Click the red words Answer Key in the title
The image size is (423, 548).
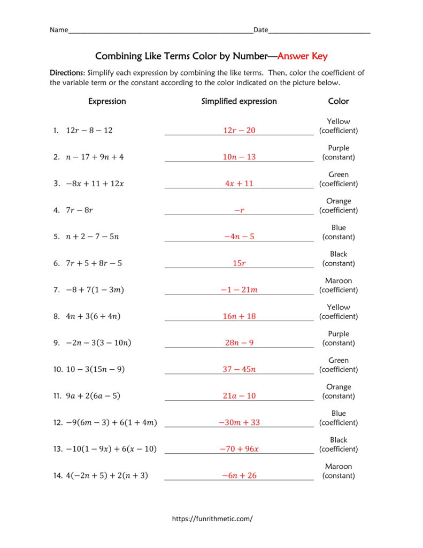pos(302,56)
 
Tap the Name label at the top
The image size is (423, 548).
pos(59,30)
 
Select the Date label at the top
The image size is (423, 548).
pos(260,30)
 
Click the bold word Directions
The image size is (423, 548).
pos(67,73)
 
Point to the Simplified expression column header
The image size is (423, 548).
pos(239,101)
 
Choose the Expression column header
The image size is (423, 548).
pos(107,101)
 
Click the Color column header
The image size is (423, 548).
pos(338,101)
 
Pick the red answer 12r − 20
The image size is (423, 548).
pos(239,131)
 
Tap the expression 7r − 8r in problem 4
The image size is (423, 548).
pos(79,210)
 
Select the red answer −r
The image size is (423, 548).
pos(239,210)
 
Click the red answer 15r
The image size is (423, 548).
pos(239,263)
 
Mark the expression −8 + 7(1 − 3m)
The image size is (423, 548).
pos(95,290)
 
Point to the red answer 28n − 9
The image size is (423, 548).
pos(239,342)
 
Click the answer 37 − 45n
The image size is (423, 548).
pos(239,369)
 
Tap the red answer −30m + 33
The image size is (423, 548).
pos(239,422)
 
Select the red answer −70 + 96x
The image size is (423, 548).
pos(239,449)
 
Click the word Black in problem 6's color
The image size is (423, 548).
pos(339,254)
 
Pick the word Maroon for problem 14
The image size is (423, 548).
pos(339,467)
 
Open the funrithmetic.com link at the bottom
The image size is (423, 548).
pos(212,519)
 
